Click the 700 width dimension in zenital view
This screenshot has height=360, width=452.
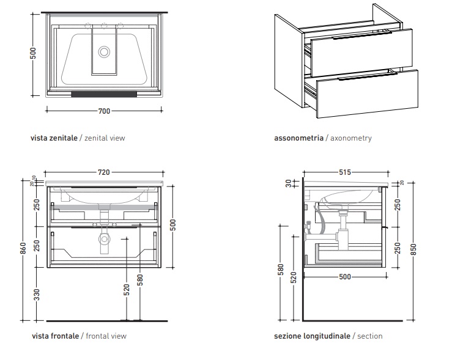[x=104, y=111]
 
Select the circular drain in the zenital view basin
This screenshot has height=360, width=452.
[x=103, y=51]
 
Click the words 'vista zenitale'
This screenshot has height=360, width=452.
[x=54, y=138]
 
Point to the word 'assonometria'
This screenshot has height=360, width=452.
[x=298, y=138]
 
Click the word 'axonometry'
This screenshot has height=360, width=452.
[x=350, y=138]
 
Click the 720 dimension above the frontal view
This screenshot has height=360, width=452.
[x=103, y=172]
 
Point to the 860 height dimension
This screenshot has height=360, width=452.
[x=24, y=249]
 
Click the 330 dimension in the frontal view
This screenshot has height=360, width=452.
[x=37, y=295]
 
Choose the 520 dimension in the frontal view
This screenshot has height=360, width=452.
[x=127, y=289]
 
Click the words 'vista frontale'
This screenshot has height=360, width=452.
[x=54, y=336]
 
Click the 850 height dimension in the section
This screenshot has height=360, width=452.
[x=413, y=249]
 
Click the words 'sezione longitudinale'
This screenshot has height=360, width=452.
[x=312, y=336]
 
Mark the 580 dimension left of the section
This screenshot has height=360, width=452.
[x=281, y=270]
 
